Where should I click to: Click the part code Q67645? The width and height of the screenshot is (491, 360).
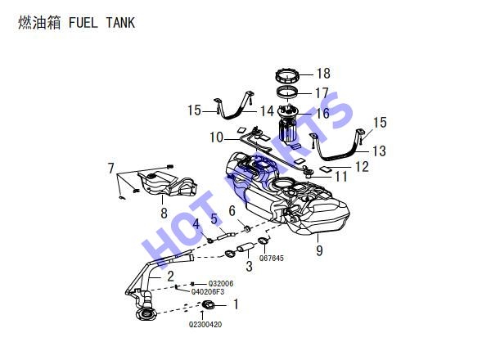[272, 259]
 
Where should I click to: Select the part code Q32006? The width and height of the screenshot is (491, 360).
[221, 284]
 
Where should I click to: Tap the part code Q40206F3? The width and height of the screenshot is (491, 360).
[208, 292]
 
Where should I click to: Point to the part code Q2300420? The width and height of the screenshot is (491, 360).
[205, 324]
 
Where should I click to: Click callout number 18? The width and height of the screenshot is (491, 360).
[323, 74]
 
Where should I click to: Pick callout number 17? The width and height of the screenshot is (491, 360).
[322, 93]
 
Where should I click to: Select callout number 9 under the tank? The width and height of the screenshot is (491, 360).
[319, 250]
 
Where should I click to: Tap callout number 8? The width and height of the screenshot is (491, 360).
[164, 214]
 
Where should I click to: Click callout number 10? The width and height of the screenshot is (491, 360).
[216, 137]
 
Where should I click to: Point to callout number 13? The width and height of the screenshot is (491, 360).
[379, 151]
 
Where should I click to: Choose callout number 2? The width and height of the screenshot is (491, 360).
[170, 276]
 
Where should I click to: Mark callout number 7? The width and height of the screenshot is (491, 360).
[110, 168]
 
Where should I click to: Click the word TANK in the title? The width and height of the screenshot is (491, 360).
[120, 23]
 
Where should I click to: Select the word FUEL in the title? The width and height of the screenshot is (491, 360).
[83, 23]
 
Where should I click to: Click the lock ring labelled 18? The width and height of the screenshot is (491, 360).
[287, 76]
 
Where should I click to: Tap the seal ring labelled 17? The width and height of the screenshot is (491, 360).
[288, 92]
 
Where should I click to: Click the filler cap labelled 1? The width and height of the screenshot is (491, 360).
[209, 304]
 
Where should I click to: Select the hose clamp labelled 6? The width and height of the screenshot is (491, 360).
[247, 229]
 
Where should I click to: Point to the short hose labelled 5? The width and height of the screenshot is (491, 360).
[226, 235]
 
